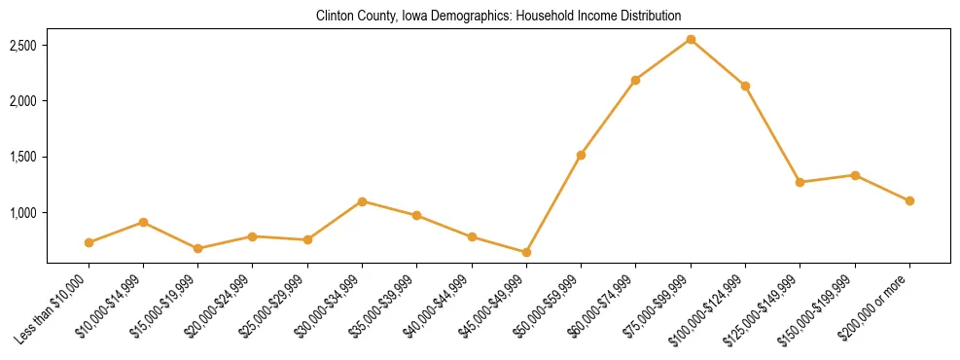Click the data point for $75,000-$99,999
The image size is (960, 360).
pos(691,40)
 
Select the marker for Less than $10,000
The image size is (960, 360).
pos(89,242)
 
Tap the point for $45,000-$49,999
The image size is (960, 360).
pos(526,252)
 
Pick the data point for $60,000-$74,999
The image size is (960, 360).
pos(635,80)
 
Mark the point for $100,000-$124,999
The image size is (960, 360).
pos(745,86)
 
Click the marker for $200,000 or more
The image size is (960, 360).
pos(909,200)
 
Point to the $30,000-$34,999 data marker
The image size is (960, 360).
pos(362,201)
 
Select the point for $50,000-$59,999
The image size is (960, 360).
pos(581,155)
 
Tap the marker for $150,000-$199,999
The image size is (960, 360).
pos(855,175)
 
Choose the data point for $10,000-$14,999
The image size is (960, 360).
pos(143,222)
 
